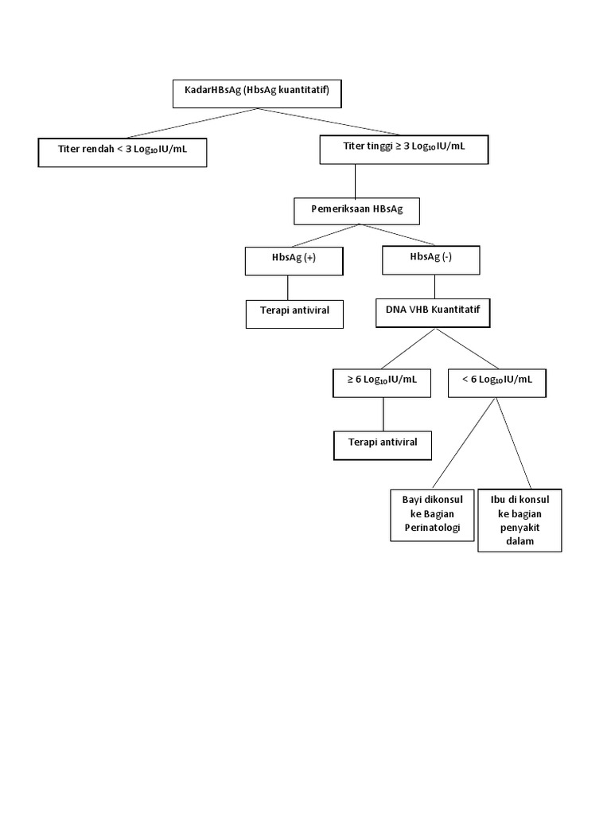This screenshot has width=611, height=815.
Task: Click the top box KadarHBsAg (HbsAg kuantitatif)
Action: click(x=257, y=93)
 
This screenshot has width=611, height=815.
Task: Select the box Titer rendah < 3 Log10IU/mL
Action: click(x=123, y=152)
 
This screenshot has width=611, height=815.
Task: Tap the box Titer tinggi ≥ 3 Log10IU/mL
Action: click(x=404, y=149)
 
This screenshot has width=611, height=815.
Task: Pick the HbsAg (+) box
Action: click(x=293, y=260)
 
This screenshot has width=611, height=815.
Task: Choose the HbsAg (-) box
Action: click(x=431, y=259)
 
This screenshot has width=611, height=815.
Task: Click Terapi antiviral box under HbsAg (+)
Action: click(x=294, y=313)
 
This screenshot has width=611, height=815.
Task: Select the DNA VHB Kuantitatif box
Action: click(x=433, y=312)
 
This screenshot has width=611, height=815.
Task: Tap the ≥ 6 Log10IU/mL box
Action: click(x=382, y=382)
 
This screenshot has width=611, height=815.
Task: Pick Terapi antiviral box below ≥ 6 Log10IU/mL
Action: click(x=382, y=444)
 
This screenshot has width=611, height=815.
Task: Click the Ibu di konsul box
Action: click(x=520, y=520)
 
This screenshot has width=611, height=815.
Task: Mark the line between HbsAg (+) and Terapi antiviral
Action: click(x=288, y=287)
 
